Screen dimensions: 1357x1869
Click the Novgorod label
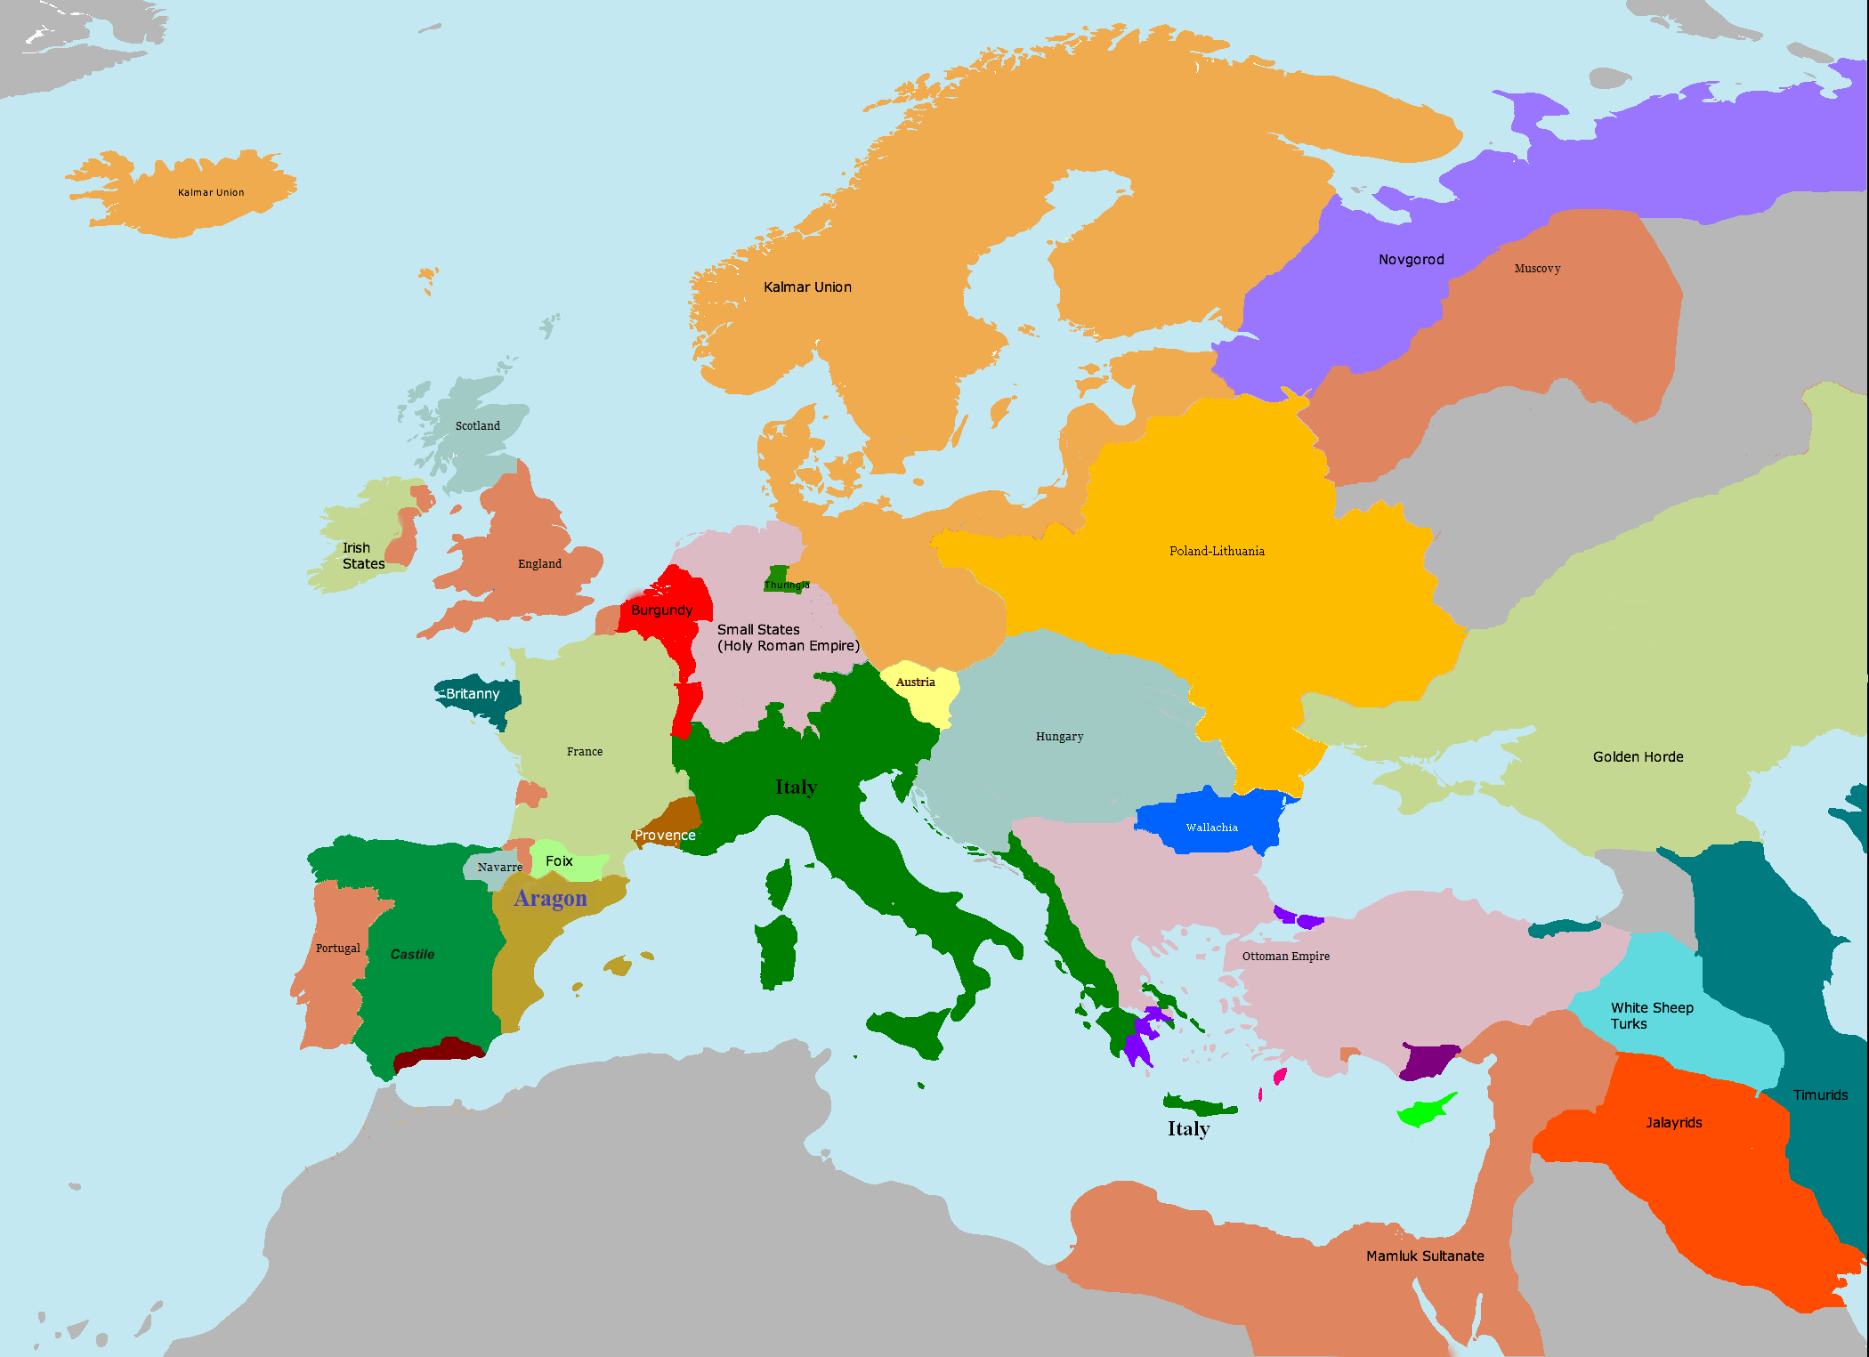pos(1411,260)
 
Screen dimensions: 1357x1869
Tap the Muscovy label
pos(1537,269)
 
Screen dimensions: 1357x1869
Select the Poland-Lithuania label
pos(1217,552)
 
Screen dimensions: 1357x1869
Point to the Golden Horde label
pos(1638,757)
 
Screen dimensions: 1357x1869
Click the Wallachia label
pos(1211,828)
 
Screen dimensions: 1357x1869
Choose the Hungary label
pos(1059,737)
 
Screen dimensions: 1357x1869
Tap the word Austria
pos(915,683)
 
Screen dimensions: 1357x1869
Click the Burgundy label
pos(661,610)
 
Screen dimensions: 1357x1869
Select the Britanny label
pos(472,694)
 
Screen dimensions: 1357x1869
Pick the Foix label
pos(559,861)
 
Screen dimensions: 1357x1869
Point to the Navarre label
pos(499,868)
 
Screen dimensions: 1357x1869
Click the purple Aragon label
pos(550,899)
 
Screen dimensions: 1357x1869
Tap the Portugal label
pos(338,949)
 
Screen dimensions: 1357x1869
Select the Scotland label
pos(477,426)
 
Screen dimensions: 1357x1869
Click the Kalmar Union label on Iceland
pos(211,193)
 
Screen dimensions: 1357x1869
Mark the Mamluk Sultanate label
pos(1425,1256)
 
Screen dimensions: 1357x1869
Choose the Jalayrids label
pos(1673,1123)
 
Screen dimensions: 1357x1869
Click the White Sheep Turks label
pos(1651,1016)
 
